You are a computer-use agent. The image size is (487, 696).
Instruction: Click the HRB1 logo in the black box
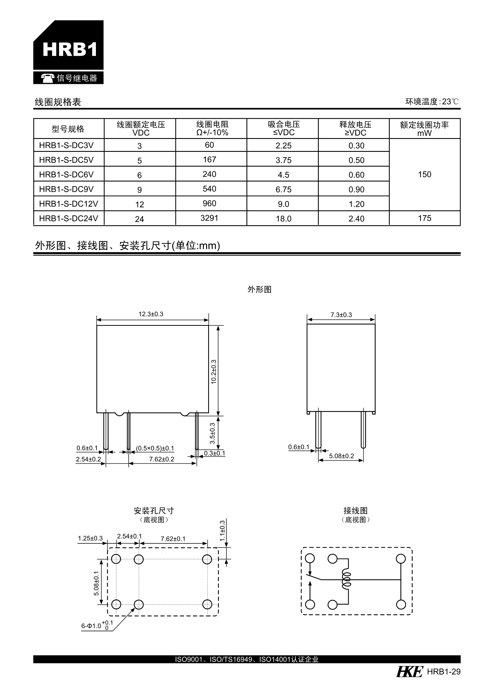[x=70, y=49]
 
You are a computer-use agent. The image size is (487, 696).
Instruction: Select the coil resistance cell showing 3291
[x=209, y=218]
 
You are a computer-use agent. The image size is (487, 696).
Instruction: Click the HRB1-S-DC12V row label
[x=68, y=204]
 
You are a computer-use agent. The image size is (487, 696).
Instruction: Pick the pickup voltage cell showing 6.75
[x=283, y=189]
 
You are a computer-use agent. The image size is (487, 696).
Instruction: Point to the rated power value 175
[x=424, y=218]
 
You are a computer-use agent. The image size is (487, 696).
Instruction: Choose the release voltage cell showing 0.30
[x=356, y=146]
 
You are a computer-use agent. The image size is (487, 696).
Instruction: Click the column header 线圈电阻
[x=212, y=124]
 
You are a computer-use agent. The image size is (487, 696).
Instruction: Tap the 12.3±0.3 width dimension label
[x=151, y=314]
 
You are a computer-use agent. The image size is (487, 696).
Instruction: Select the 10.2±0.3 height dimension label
[x=214, y=372]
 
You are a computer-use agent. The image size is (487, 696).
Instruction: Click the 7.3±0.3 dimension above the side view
[x=341, y=315]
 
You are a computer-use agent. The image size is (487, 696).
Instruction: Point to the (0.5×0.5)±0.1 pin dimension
[x=155, y=448]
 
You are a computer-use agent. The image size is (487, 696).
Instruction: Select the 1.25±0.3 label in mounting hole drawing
[x=90, y=538]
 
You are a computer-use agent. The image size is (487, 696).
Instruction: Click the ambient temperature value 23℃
[x=450, y=102]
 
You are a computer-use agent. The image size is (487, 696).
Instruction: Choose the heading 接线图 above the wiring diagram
[x=355, y=510]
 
